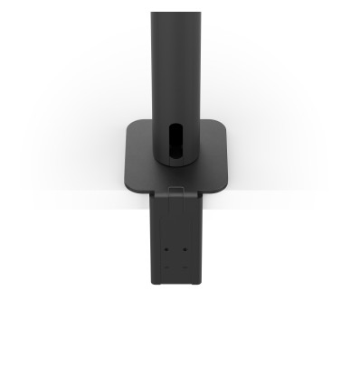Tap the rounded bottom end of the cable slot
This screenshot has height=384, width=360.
(175, 159)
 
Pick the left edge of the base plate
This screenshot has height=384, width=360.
(125, 158)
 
